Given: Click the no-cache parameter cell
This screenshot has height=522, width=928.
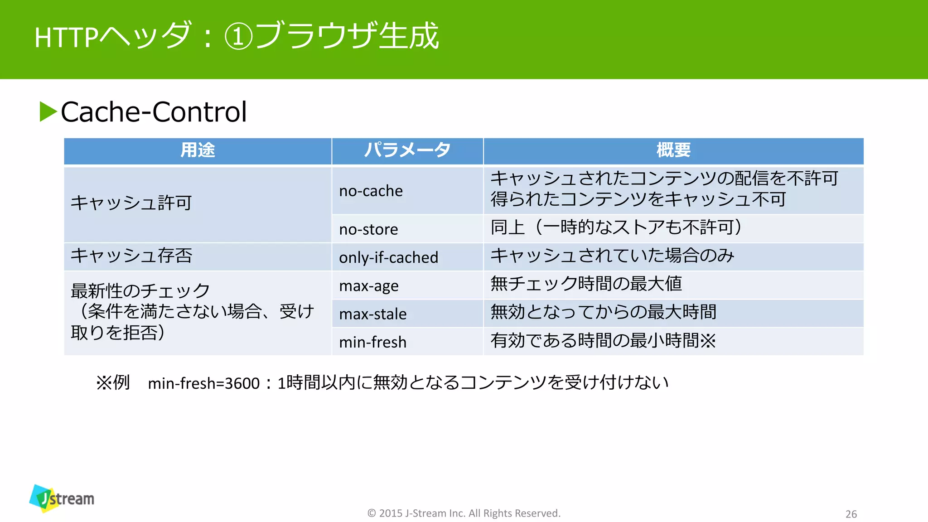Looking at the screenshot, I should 371,191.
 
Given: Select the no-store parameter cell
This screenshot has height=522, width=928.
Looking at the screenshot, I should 368,229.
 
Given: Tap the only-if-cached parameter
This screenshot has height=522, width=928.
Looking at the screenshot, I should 388,257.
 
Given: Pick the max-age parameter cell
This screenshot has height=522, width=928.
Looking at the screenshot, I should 368,285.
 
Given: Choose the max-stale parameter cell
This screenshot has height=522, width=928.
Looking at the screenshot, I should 372,314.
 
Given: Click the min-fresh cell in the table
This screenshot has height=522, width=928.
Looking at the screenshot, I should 372,342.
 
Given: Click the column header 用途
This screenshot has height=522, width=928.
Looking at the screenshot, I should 198,150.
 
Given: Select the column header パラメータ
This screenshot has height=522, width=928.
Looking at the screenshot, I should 407,150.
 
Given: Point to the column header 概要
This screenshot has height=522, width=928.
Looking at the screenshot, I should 673,150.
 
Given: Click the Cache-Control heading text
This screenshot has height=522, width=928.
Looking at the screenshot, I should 154,112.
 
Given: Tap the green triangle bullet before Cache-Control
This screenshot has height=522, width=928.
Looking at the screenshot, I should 48,111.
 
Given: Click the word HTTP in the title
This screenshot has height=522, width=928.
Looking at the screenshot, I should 66,37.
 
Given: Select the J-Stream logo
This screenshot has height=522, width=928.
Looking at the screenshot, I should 62,498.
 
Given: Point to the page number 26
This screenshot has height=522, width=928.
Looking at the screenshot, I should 851,514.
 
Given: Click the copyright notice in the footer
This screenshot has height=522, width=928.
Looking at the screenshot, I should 464,513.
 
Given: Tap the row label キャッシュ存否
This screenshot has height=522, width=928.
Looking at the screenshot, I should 131,256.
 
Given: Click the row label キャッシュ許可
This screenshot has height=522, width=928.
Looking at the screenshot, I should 131,203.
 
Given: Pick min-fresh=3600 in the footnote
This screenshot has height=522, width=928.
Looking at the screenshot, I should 203,383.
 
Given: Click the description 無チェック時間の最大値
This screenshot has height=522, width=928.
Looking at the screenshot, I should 586,284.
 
